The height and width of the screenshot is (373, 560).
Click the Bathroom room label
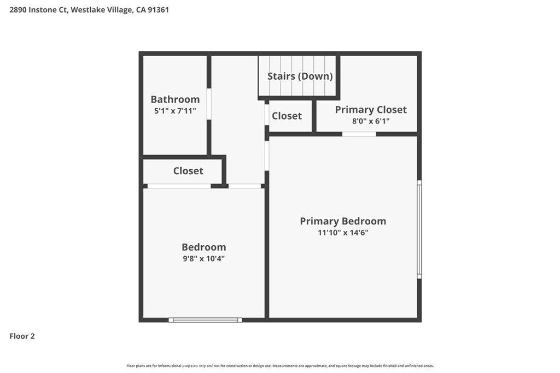175,99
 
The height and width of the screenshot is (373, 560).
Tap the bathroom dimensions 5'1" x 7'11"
175,111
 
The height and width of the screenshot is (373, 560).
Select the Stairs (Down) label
300,76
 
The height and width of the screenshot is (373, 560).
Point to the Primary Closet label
371,109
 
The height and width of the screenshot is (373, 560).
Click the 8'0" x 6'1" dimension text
371,121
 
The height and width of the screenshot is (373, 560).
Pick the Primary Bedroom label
343,221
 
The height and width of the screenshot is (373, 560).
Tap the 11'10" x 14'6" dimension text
343,233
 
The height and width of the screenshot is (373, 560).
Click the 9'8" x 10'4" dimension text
203,258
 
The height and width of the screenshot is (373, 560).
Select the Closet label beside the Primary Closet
287,116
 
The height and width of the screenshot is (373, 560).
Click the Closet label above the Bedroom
188,171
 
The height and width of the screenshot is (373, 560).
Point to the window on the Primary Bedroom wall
419,229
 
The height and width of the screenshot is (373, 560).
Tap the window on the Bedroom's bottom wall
206,320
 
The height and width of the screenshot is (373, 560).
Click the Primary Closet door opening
359,134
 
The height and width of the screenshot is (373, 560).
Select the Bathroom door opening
209,104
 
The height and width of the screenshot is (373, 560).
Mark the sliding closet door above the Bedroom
179,186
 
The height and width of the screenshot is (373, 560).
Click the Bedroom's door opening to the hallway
244,186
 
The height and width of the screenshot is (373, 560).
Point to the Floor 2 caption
22,336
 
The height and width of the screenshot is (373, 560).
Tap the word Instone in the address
42,10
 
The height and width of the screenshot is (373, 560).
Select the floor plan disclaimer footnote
280,366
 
